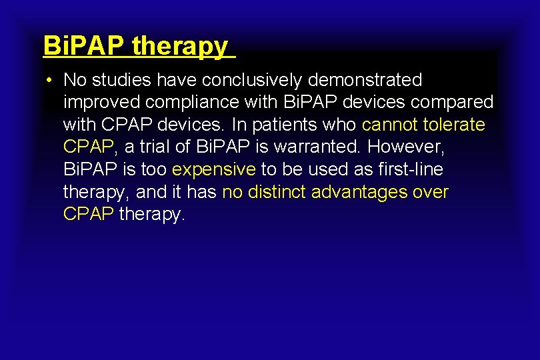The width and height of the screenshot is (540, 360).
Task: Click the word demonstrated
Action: click(365, 81)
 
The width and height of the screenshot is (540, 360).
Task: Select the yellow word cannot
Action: click(390, 125)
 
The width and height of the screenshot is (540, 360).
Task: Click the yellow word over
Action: click(431, 192)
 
